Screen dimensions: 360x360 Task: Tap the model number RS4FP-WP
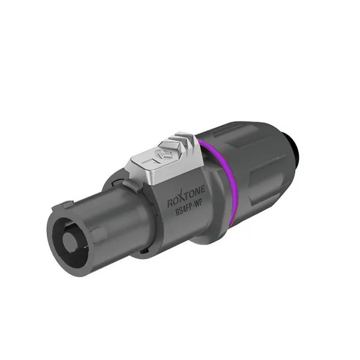(193, 211)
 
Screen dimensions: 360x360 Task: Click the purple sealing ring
(224, 179)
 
